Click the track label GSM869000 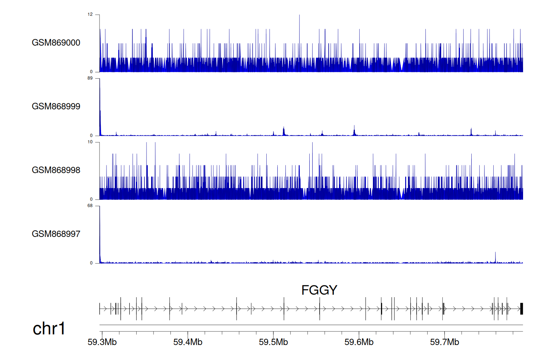coord(56,43)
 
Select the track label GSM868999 coord(56,106)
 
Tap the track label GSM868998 coord(56,170)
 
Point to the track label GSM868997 coord(56,234)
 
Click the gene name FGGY coord(319,290)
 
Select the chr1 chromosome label coord(49,328)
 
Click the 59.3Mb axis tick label coord(102,342)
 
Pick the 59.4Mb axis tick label coord(188,342)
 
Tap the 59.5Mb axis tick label coord(273,342)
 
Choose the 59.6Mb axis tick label coord(359,342)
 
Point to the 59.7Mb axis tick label coord(444,342)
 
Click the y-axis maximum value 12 coord(90,14)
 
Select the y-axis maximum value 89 coord(90,78)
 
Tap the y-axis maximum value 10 coord(90,142)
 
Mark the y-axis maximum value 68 coord(90,206)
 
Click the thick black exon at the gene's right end coord(521,309)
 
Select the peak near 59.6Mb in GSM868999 coord(354,130)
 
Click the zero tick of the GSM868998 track coord(91,199)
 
